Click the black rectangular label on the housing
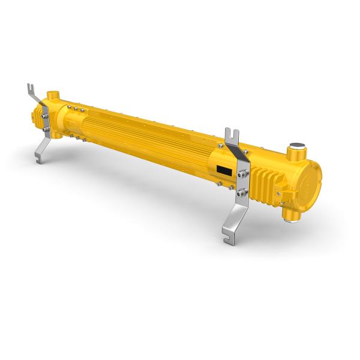click(x=223, y=171)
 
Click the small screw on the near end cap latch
click(x=280, y=193)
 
